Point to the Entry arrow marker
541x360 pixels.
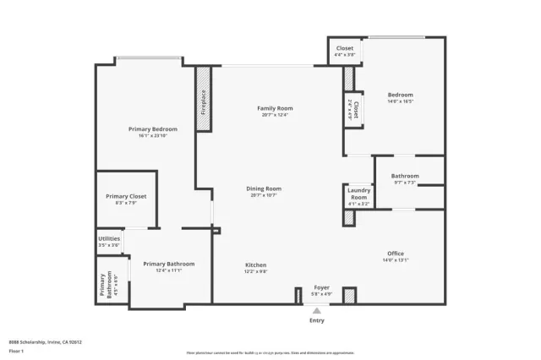[317, 310]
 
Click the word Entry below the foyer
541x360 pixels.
[317, 320]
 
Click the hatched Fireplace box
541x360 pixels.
[203, 99]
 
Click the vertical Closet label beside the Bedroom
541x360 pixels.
[355, 109]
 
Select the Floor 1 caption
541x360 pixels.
[16, 351]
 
